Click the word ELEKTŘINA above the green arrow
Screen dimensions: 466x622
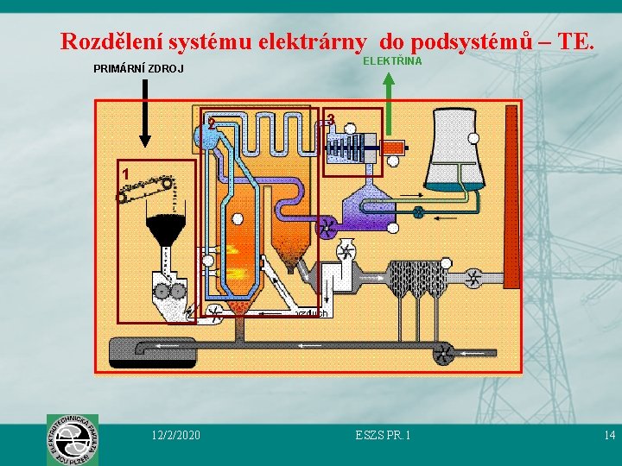pyautogui.click(x=392, y=61)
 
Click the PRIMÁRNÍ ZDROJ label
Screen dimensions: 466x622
pyautogui.click(x=138, y=69)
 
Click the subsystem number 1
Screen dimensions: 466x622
pyautogui.click(x=126, y=173)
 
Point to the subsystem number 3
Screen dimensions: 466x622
pyautogui.click(x=331, y=118)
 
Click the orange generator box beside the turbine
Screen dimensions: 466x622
pyautogui.click(x=393, y=147)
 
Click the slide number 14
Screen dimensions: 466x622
pyautogui.click(x=609, y=435)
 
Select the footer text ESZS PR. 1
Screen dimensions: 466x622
pyautogui.click(x=383, y=435)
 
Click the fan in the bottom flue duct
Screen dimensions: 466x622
pyautogui.click(x=444, y=352)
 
